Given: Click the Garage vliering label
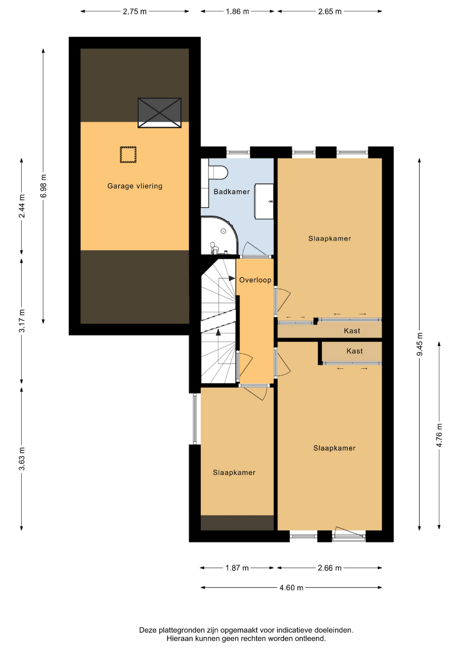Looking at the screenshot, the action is [x=135, y=186].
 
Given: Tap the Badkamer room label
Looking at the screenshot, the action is [x=232, y=192].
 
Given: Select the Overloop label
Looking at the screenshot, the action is [x=256, y=280].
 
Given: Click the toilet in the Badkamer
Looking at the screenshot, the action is [x=218, y=172].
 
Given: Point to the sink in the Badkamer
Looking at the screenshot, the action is [x=264, y=201].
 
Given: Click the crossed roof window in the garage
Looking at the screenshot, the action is [x=159, y=113].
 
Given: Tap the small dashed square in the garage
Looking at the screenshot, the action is [x=128, y=154].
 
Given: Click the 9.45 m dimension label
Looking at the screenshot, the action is [x=420, y=344].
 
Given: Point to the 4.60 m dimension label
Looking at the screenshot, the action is [x=291, y=588].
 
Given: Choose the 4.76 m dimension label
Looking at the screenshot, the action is [x=440, y=435].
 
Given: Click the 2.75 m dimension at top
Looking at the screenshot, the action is [x=135, y=11].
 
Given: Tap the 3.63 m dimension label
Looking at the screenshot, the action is [x=22, y=458].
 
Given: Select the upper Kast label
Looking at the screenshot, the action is [x=352, y=331].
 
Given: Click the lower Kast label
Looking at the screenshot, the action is [x=354, y=351].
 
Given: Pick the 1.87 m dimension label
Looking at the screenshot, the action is [x=237, y=568].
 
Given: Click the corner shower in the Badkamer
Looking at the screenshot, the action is [x=219, y=235].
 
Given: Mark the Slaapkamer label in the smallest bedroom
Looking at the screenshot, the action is [x=234, y=473].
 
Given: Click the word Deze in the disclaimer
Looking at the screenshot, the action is [x=147, y=631].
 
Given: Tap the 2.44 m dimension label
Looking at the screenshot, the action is [x=22, y=206].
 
